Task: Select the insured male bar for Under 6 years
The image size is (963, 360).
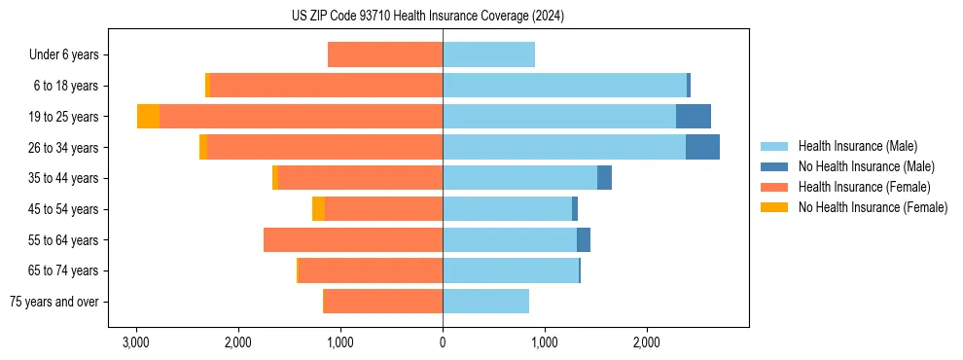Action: [x=488, y=54]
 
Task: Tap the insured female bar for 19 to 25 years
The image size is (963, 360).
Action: [x=301, y=117]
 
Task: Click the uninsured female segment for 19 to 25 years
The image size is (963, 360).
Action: [x=148, y=117]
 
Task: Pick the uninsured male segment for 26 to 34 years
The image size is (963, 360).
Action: [x=702, y=147]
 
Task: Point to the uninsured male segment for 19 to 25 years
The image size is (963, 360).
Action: [x=694, y=117]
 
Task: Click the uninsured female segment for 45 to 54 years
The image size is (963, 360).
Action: [x=318, y=209]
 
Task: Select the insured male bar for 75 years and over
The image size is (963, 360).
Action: [x=485, y=302]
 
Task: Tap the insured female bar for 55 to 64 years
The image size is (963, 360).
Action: [x=353, y=240]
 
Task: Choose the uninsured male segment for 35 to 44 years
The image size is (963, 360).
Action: [x=604, y=178]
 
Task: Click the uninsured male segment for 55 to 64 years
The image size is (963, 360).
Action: [x=584, y=240]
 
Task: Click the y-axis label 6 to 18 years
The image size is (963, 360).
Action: [x=66, y=86]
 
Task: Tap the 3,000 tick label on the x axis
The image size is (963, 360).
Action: [x=136, y=342]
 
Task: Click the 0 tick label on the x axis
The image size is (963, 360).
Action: [x=443, y=342]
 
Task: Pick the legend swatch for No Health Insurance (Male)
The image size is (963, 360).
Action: [x=774, y=166]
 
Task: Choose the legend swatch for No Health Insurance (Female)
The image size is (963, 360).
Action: [x=774, y=207]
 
